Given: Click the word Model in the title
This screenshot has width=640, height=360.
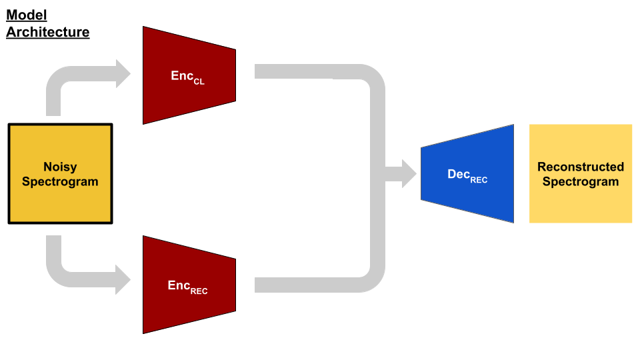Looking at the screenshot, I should click(27, 15).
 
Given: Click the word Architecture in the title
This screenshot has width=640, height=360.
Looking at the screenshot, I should click(47, 31).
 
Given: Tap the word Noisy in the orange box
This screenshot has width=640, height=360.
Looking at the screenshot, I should click(60, 167).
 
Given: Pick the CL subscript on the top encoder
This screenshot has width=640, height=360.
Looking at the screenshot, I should click(199, 81).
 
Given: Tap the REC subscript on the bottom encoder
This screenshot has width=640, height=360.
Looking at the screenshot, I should click(199, 291).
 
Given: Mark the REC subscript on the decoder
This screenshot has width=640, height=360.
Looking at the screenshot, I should click(479, 180).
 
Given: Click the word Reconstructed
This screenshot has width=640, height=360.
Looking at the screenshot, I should click(581, 167).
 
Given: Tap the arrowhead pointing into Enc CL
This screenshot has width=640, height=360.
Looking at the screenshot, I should click(123, 73).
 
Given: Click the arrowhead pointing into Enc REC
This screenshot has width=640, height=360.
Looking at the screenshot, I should click(123, 279).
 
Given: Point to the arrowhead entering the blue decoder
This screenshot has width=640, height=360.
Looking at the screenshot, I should click(407, 173).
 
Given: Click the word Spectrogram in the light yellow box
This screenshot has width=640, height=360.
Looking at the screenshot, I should click(581, 181).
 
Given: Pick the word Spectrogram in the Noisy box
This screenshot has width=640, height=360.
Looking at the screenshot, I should click(60, 181).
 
